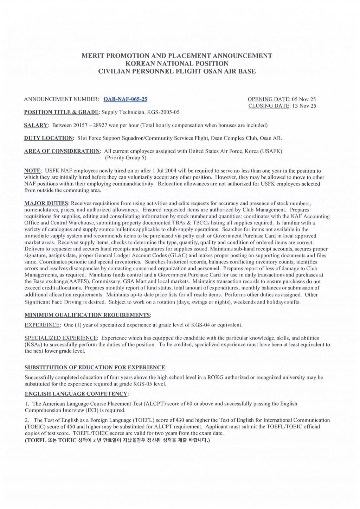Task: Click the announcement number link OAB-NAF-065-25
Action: click(x=125, y=100)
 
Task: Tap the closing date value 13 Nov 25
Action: click(x=304, y=106)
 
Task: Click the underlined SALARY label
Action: click(x=36, y=125)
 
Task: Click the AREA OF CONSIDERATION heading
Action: click(x=62, y=151)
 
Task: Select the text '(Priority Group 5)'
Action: click(x=126, y=158)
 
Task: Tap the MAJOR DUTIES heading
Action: click(x=46, y=203)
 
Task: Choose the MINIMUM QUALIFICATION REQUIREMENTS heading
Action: click(x=87, y=315)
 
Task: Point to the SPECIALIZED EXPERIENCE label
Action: click(x=60, y=338)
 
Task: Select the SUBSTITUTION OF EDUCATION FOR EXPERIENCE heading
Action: click(x=95, y=368)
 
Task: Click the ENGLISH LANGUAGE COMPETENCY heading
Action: click(x=76, y=394)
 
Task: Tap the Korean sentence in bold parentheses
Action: click(x=117, y=440)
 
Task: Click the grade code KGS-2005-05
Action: click(x=163, y=112)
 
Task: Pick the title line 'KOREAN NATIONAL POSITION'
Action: click(x=177, y=64)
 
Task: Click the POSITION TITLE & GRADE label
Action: click(x=61, y=112)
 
